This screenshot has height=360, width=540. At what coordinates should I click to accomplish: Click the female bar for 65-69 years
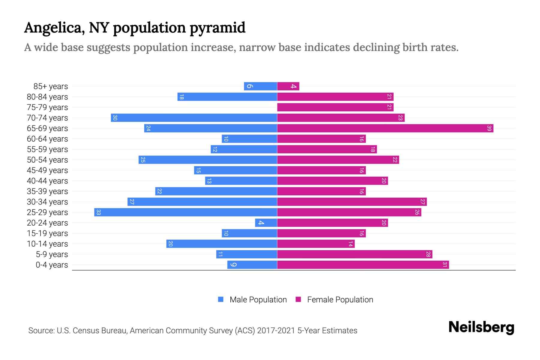click(x=385, y=128)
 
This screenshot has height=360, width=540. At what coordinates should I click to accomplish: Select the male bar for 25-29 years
click(x=185, y=212)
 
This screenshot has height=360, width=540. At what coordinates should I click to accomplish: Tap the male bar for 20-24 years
click(x=266, y=223)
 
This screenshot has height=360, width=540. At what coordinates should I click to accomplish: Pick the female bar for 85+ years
click(x=288, y=86)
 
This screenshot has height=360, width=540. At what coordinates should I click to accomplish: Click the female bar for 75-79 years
click(x=335, y=107)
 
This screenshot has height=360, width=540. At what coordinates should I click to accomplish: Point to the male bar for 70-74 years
click(x=194, y=118)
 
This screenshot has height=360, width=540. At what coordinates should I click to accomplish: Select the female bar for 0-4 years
click(x=363, y=265)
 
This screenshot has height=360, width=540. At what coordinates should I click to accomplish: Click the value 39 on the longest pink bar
click(x=489, y=128)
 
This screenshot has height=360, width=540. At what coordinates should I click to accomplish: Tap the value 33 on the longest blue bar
click(x=98, y=212)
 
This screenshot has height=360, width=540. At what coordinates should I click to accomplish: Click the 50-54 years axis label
click(x=47, y=160)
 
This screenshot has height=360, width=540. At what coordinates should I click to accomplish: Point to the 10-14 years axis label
click(x=47, y=244)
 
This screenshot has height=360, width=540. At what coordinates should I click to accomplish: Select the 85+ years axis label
click(x=50, y=86)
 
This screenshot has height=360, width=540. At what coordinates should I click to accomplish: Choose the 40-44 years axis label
click(x=47, y=181)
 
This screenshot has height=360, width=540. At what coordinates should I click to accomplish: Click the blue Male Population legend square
click(x=221, y=299)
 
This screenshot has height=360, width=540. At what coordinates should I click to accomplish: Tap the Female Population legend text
click(x=340, y=300)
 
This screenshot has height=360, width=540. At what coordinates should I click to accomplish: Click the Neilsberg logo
click(x=481, y=327)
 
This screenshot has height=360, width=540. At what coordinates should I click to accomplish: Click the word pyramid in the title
click(x=217, y=28)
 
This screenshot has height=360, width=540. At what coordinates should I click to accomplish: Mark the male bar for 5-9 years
click(x=246, y=254)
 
